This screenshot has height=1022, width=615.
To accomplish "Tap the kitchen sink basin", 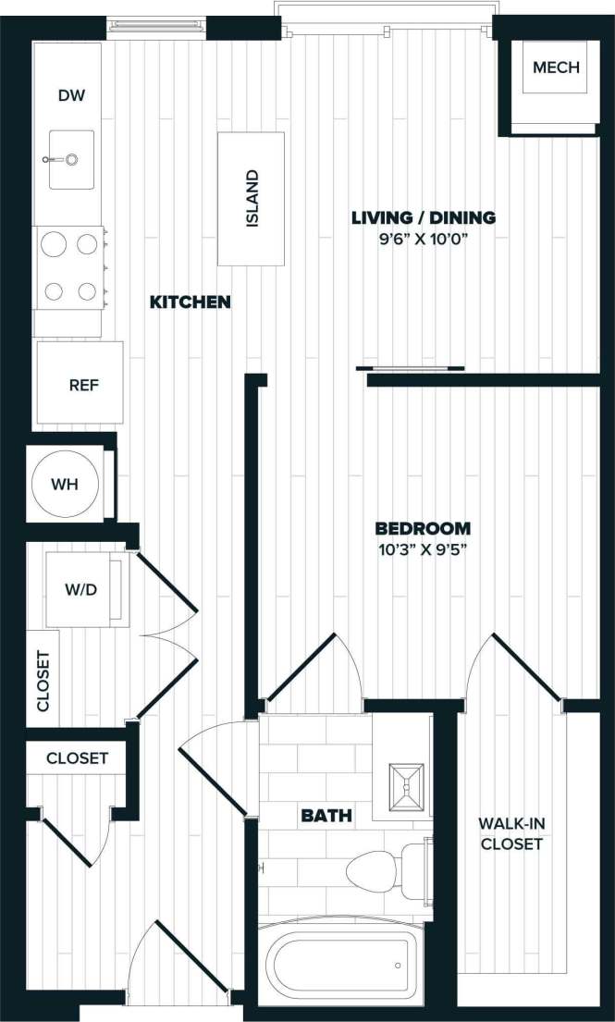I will (x=71, y=159).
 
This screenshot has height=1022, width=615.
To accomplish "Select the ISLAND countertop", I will (x=252, y=199).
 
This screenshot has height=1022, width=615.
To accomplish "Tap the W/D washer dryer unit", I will (x=80, y=589).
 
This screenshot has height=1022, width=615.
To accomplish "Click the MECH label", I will (x=556, y=68).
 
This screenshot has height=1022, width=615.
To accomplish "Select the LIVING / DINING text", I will (x=424, y=218).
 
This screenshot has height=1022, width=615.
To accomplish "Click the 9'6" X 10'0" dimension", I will (x=424, y=240).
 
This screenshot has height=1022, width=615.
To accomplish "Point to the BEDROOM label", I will (x=423, y=528).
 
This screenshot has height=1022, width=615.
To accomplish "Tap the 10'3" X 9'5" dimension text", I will (x=423, y=549).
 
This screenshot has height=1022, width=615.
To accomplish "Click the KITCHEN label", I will (x=191, y=302).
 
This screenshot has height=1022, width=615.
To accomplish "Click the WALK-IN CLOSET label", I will (x=510, y=832).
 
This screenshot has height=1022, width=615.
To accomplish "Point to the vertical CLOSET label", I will (x=43, y=681).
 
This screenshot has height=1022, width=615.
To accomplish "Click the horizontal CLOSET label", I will (x=78, y=757).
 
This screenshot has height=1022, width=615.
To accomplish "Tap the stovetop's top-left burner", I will (x=55, y=244).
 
